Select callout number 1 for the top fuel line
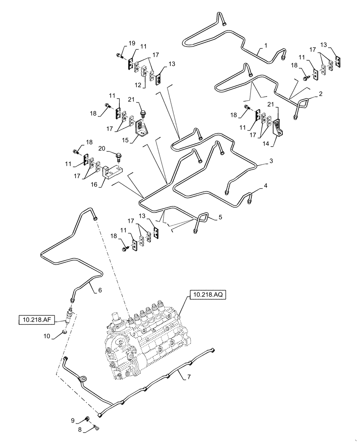tap(266, 46)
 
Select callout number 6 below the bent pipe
tap(100, 290)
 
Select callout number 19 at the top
tap(132, 43)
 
